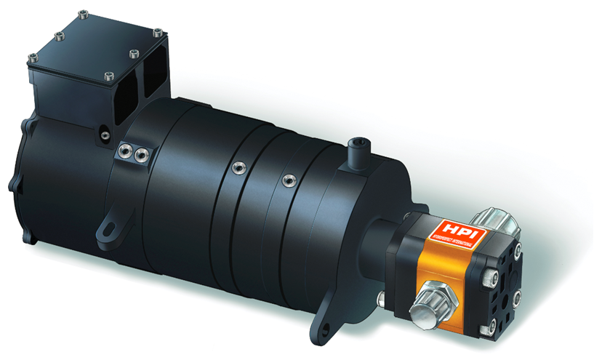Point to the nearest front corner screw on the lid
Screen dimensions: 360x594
(x=109, y=76)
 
